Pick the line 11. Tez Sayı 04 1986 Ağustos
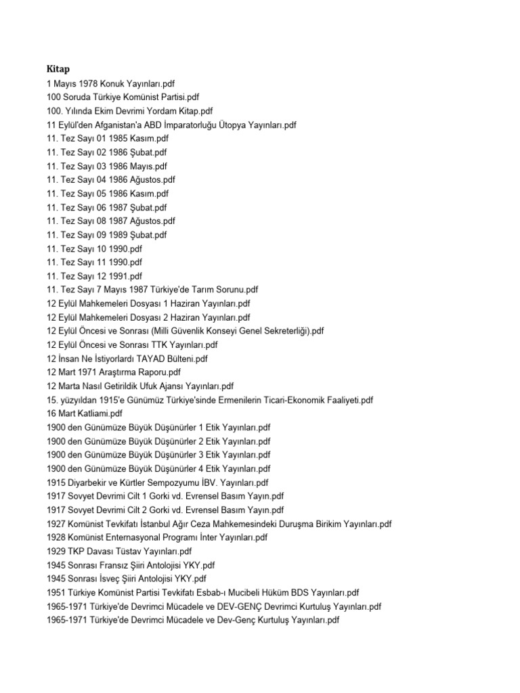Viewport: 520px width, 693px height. click(x=112, y=179)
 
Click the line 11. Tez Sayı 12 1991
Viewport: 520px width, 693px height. click(x=95, y=276)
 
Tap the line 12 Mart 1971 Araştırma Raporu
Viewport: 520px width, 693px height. click(x=114, y=372)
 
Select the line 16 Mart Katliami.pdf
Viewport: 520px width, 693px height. click(x=85, y=413)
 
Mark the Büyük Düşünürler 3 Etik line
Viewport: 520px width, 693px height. click(x=158, y=455)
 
